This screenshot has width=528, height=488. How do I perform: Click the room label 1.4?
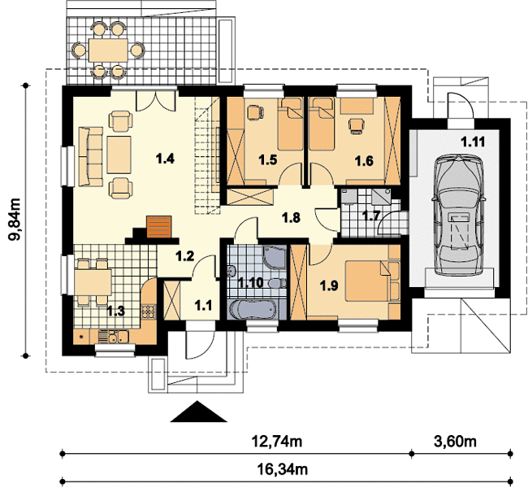(166, 158)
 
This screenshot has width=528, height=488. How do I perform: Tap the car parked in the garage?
(458, 216)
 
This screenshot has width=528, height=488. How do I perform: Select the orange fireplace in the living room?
(158, 227)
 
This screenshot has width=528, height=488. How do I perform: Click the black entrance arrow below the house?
(199, 412)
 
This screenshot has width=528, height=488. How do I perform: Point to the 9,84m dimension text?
(15, 220)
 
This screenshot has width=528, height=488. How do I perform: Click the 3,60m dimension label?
(455, 441)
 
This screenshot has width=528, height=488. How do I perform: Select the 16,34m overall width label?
(283, 469)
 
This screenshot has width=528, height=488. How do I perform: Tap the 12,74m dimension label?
(277, 441)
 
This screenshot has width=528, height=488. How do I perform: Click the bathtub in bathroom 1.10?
(253, 309)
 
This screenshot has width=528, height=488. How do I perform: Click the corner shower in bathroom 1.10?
(275, 257)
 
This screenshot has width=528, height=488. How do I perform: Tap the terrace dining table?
(108, 50)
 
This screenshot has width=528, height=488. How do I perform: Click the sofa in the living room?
(91, 156)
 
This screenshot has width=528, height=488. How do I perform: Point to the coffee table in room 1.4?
(119, 155)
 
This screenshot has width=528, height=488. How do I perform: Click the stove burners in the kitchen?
(148, 312)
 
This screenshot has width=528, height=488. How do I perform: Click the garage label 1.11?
(473, 142)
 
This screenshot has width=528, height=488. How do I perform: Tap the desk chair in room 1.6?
(357, 126)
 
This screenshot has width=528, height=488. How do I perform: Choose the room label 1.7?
(371, 216)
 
